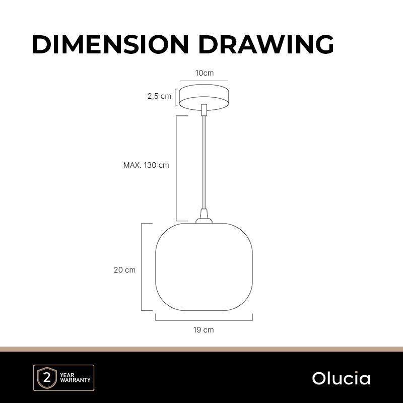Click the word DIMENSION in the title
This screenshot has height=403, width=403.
tap(110, 44)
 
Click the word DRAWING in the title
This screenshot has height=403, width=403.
tap(266, 44)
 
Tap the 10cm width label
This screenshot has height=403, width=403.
tap(205, 73)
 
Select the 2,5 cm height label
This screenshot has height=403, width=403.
tap(159, 96)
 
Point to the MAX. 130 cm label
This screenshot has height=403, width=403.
tap(146, 165)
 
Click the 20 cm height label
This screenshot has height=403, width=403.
tap(124, 270)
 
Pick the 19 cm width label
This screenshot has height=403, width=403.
tap(204, 330)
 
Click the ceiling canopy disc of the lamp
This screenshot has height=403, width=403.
tap(204, 97)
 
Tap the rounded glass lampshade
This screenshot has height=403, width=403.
tap(204, 267)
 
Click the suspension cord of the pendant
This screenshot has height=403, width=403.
tap(204, 162)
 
